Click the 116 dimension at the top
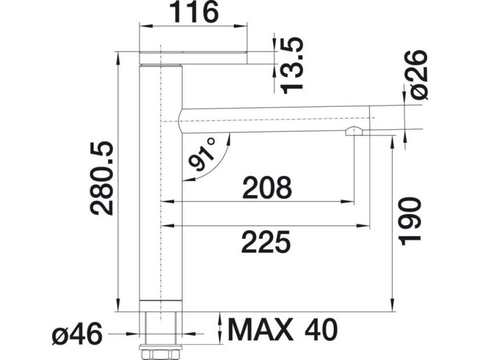pos(194,13)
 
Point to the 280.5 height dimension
pos(102,178)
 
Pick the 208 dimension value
pos(267,188)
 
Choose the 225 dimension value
pos(266,242)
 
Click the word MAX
pos(260,330)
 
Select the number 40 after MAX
pos(321,330)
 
